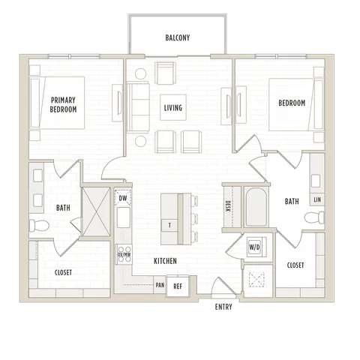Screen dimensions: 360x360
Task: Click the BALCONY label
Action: tap(178, 37)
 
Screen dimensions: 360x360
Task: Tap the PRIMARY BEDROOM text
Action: tap(63, 105)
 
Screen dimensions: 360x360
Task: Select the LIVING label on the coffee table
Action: tap(173, 108)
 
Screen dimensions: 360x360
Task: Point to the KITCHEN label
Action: tap(165, 261)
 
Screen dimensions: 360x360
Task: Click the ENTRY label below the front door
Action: tap(223, 307)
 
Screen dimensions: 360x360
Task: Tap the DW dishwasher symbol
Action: tap(123, 198)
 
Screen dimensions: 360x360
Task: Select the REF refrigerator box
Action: tap(178, 286)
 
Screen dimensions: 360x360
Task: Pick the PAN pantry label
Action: tap(160, 285)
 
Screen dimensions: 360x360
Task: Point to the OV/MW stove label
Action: tap(124, 254)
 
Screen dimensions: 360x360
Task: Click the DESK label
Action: tap(228, 206)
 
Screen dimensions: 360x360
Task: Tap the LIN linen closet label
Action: tap(317, 199)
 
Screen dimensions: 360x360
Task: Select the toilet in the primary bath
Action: tap(39, 226)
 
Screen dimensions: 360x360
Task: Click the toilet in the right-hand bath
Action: tap(314, 217)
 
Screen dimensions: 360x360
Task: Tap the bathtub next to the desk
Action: tap(256, 207)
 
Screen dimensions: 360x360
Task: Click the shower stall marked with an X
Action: tap(96, 211)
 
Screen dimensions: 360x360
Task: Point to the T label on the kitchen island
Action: tap(169, 226)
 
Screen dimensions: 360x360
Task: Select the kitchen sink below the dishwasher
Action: tap(124, 217)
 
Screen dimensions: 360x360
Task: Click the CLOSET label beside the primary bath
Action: tap(63, 272)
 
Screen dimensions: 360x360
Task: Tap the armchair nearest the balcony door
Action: tap(165, 73)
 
